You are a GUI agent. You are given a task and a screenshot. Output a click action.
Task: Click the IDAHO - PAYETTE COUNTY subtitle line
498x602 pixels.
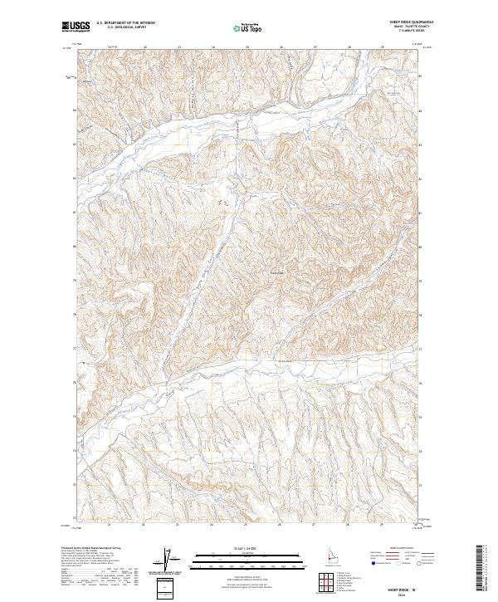tap(404, 28)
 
